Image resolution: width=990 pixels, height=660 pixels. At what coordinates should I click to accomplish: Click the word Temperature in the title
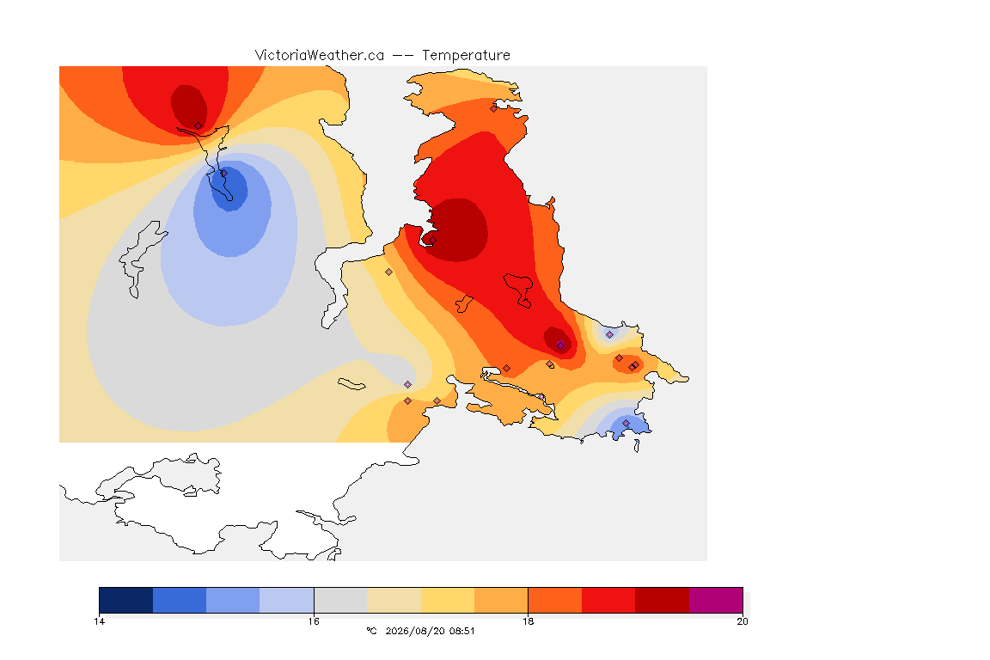[x=466, y=56]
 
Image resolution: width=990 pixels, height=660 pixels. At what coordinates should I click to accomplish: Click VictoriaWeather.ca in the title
[x=320, y=56]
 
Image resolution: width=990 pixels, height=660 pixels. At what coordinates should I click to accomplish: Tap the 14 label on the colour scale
[x=99, y=621]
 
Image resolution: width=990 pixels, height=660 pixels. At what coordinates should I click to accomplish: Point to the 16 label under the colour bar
[x=314, y=621]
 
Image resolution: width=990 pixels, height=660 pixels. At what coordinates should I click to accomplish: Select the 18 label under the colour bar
[x=528, y=621]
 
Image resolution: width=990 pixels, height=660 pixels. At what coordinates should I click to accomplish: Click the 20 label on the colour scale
[x=742, y=621]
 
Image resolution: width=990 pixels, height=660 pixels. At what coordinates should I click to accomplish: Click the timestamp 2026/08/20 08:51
[x=430, y=631]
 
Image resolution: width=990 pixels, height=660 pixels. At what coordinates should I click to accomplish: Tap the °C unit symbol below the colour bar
[x=371, y=631]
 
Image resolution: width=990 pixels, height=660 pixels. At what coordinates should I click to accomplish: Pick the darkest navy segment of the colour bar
[x=126, y=600]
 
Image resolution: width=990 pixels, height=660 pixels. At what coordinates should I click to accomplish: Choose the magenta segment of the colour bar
[x=715, y=600]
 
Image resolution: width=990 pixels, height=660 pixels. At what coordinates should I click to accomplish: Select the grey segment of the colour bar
[x=340, y=600]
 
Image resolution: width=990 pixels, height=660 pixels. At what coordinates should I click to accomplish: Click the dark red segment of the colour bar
[x=662, y=600]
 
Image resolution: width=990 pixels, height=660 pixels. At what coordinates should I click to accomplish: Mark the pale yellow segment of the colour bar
[x=394, y=600]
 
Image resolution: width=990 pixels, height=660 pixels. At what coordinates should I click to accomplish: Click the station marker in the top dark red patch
[x=198, y=126]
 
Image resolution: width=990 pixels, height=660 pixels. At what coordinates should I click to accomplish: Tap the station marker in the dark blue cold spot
[x=223, y=173]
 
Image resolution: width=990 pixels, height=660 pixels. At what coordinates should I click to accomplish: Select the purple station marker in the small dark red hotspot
[x=560, y=345]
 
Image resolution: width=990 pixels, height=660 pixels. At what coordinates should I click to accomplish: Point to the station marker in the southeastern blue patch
[x=626, y=423]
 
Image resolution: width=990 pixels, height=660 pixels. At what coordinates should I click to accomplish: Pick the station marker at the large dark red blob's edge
[x=432, y=240]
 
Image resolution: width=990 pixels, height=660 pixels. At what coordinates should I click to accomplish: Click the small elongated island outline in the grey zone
[x=351, y=384]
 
